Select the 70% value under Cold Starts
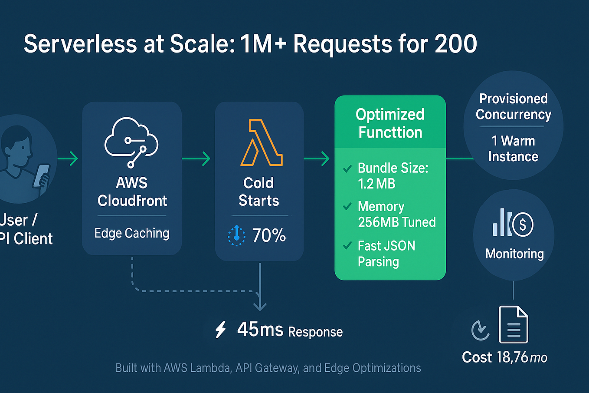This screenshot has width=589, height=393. click(x=269, y=235)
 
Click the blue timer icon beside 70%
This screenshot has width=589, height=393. click(x=236, y=235)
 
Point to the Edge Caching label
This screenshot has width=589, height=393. click(x=132, y=233)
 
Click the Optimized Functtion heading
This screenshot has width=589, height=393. click(x=390, y=123)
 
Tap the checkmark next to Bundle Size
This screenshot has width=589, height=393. click(x=347, y=169)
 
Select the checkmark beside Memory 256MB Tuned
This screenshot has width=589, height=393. click(x=347, y=207)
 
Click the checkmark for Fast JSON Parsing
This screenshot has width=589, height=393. click(x=347, y=246)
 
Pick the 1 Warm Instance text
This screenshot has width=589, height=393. click(x=513, y=149)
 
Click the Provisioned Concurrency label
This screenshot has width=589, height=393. click(x=513, y=106)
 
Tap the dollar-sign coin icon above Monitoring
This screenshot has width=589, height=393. click(x=523, y=225)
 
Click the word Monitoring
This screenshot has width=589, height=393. click(x=514, y=254)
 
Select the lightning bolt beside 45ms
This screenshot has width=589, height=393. click(x=221, y=330)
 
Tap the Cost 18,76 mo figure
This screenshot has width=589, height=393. click(x=504, y=357)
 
